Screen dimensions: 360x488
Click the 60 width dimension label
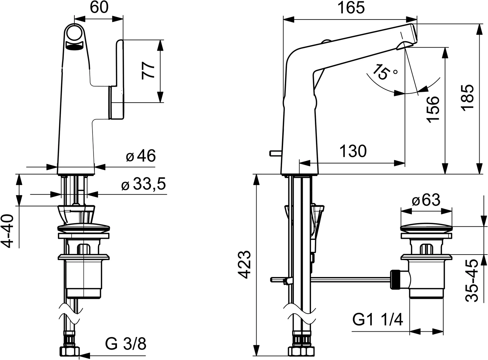[99, 7]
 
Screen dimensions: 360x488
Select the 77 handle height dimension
[148, 71]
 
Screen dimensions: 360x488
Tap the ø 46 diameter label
[141, 156]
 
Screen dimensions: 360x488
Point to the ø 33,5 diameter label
[143, 185]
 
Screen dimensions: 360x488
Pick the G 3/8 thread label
[126, 344]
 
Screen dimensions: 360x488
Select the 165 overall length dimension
[351, 8]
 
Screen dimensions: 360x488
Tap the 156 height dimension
[433, 109]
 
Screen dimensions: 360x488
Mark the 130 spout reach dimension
[353, 152]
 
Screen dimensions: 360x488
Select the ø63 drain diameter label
[426, 200]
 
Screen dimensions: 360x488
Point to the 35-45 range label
[473, 280]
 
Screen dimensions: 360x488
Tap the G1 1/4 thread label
[377, 319]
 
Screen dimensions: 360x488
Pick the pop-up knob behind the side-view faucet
[275, 153]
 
